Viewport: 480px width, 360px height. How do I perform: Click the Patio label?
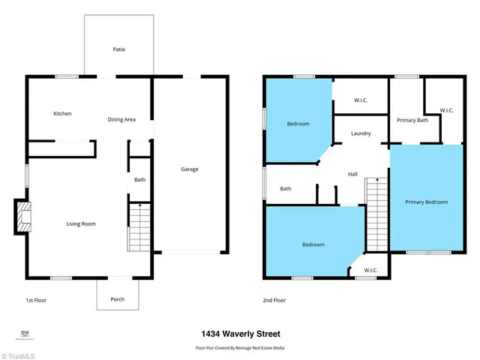click(x=119, y=49)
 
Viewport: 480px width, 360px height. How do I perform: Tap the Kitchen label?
click(x=62, y=113)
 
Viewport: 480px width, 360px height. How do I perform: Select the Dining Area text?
click(x=121, y=119)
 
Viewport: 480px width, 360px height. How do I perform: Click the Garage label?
click(x=190, y=169)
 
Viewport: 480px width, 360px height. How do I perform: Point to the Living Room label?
click(x=82, y=223)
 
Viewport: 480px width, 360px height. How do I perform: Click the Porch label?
click(x=118, y=299)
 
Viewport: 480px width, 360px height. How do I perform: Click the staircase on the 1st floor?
click(x=139, y=227)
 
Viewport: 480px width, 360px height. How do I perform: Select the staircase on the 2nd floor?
click(x=376, y=213)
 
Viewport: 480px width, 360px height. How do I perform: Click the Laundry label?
click(x=361, y=133)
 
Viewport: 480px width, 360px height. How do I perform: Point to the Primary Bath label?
click(x=412, y=120)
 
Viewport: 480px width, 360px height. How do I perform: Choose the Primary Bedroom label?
click(x=426, y=202)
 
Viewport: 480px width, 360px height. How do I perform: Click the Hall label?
click(x=352, y=174)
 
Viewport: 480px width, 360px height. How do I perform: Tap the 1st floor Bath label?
click(x=139, y=179)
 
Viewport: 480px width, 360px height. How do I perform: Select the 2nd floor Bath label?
click(x=286, y=189)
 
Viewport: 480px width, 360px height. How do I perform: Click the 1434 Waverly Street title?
click(x=240, y=334)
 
